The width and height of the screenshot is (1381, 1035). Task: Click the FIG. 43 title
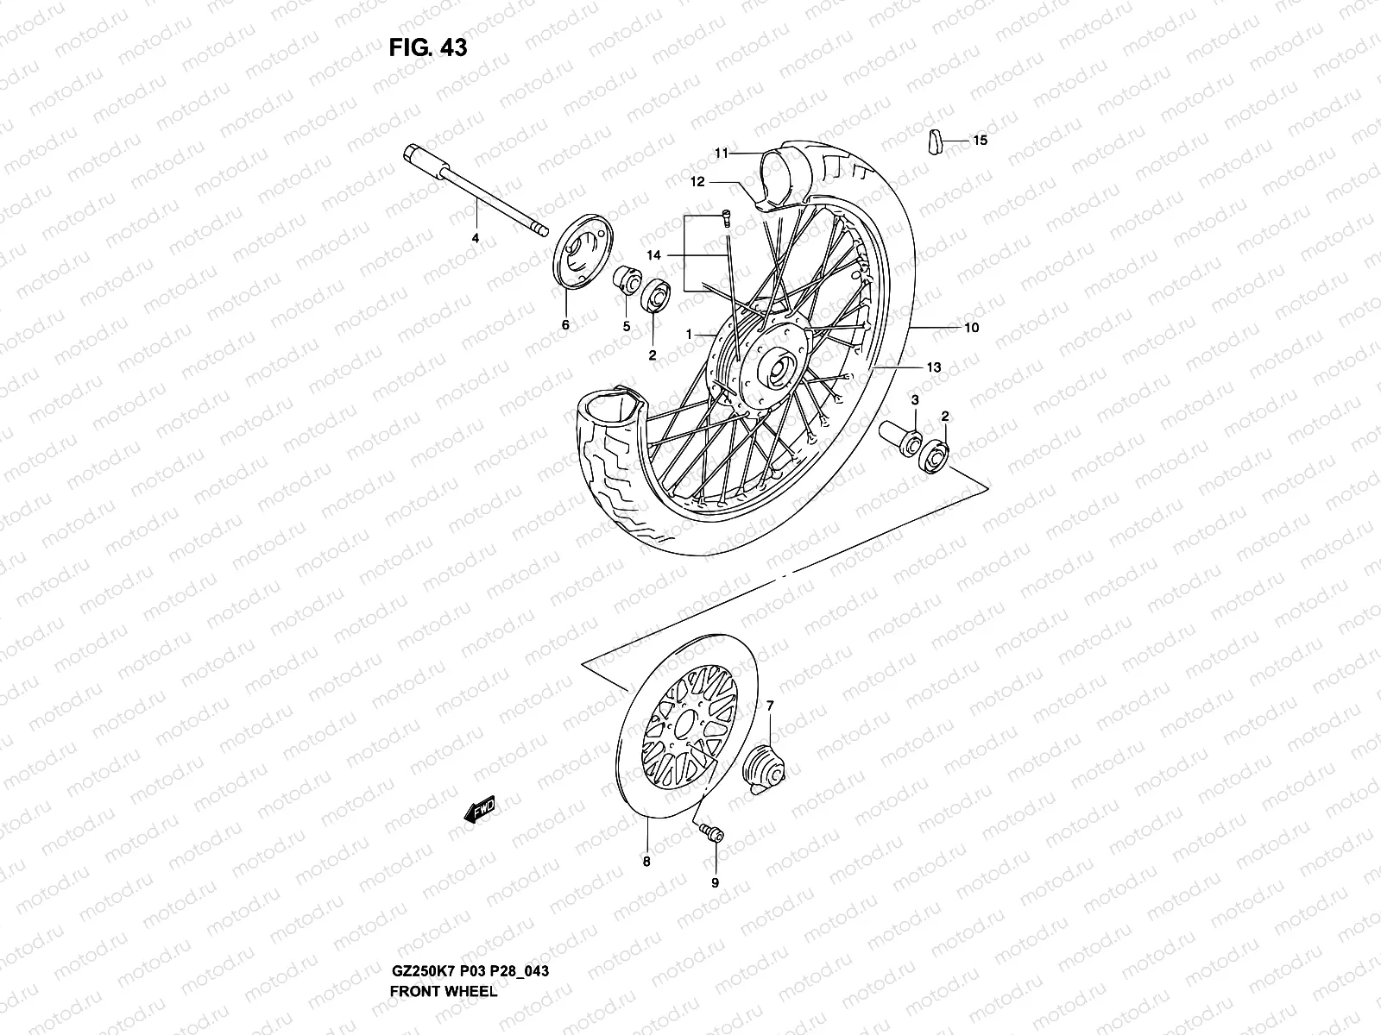tap(427, 47)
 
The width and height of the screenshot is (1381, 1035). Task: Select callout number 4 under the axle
tap(475, 237)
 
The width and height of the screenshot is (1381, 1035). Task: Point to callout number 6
tap(565, 325)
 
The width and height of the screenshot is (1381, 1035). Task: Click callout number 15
tap(980, 140)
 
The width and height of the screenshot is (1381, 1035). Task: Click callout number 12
tap(697, 182)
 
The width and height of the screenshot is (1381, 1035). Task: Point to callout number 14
tap(653, 255)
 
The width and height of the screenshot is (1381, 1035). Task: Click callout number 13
tap(933, 367)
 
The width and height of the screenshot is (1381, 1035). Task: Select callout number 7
tap(770, 706)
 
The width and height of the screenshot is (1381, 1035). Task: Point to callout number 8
tap(646, 860)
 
